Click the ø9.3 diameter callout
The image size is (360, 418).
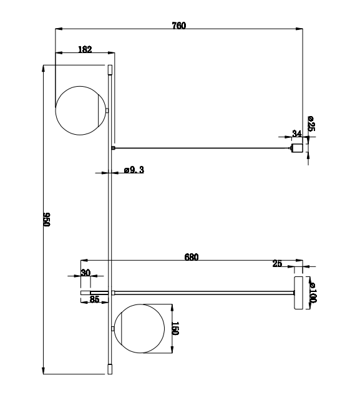tap(134, 170)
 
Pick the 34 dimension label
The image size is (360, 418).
tap(296, 134)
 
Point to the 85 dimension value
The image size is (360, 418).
tap(94, 299)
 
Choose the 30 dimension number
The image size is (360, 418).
tap(85, 273)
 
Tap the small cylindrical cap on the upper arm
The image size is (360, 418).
tap(298, 148)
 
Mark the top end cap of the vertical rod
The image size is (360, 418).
tap(110, 69)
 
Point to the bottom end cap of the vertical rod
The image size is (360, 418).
tap(110, 369)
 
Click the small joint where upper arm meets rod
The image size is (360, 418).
tap(113, 148)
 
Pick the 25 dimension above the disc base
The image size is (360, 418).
tap(277, 264)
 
